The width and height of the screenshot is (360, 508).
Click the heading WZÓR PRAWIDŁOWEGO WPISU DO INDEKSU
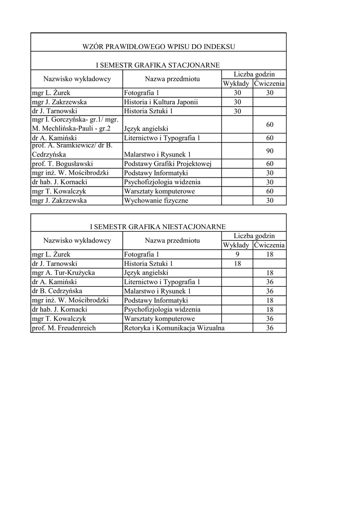(x=158, y=47)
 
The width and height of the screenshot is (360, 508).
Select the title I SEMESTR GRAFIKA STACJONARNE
(x=158, y=65)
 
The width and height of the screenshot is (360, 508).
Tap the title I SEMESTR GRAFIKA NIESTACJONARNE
(x=158, y=227)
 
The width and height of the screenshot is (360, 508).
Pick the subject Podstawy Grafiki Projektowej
(x=168, y=164)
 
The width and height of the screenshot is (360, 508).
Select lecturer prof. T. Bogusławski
(x=62, y=164)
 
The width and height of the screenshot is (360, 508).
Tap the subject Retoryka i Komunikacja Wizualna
(x=174, y=328)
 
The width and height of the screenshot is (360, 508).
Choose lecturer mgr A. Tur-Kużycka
(x=63, y=273)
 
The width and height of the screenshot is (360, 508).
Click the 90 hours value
(x=270, y=150)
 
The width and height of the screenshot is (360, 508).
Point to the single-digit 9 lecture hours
(x=237, y=254)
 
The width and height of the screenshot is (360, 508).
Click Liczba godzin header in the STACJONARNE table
(x=254, y=74)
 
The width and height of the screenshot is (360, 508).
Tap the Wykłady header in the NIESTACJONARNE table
(x=236, y=245)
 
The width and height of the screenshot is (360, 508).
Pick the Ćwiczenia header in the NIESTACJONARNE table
(x=270, y=245)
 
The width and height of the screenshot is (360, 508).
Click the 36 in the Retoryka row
(x=270, y=328)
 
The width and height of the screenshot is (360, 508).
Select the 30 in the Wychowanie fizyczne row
(x=270, y=200)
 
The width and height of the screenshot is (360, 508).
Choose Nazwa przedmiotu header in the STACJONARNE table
(x=172, y=79)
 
